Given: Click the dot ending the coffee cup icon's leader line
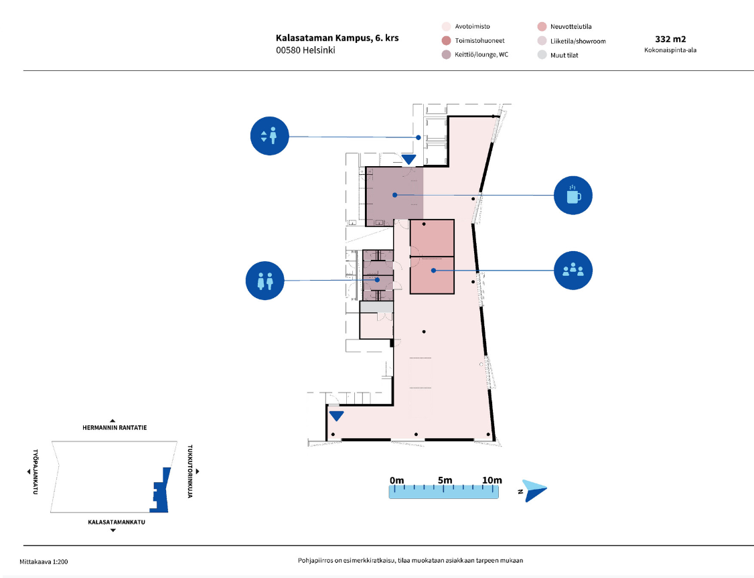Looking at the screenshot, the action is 395,195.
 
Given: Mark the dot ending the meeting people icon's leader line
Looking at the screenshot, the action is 433,270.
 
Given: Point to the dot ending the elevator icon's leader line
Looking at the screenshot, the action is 419,137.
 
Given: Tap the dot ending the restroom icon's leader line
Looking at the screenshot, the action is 378,279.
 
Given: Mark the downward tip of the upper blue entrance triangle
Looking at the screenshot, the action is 408,165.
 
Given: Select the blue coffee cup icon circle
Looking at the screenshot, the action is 573,196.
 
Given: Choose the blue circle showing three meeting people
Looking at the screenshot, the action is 573,270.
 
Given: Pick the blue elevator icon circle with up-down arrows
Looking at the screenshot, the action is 269,136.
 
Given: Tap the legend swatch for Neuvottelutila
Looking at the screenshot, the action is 542,26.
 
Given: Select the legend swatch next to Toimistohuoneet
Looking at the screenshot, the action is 446,40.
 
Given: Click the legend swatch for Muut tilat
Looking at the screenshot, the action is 542,55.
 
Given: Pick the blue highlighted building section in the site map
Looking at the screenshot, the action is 161,490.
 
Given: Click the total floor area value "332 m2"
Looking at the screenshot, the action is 670,40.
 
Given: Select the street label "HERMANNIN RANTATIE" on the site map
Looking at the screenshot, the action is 115,427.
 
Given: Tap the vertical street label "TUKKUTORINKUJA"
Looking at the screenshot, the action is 190,472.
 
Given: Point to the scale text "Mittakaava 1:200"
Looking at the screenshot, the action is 44,562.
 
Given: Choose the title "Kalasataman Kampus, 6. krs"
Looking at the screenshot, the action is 337,38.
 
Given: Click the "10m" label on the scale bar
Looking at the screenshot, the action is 492,480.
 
